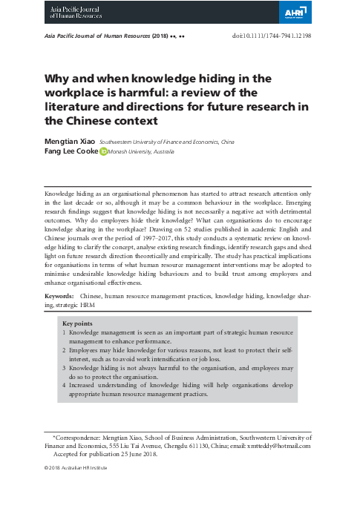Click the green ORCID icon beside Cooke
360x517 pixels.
(103, 151)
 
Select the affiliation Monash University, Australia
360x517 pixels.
(141, 151)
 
